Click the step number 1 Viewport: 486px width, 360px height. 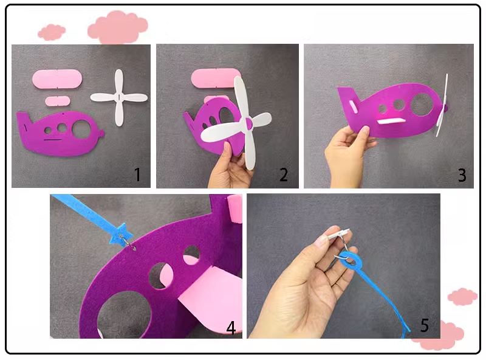point(138,175)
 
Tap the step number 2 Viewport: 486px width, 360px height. point(284,175)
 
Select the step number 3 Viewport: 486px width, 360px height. point(462,175)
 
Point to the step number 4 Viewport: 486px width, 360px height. point(231,327)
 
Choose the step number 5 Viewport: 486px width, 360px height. point(425,325)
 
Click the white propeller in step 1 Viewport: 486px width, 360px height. point(119,97)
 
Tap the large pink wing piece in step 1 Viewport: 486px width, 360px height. point(57,79)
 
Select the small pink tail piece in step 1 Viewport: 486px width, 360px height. point(58,101)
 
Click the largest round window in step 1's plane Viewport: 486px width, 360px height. point(81,129)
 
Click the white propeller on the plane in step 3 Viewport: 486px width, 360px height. point(442,105)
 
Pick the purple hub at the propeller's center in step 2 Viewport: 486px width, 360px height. point(249,123)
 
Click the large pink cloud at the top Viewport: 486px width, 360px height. point(118,27)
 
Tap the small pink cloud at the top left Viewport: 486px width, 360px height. point(52,32)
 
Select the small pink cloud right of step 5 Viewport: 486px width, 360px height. point(462,296)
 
